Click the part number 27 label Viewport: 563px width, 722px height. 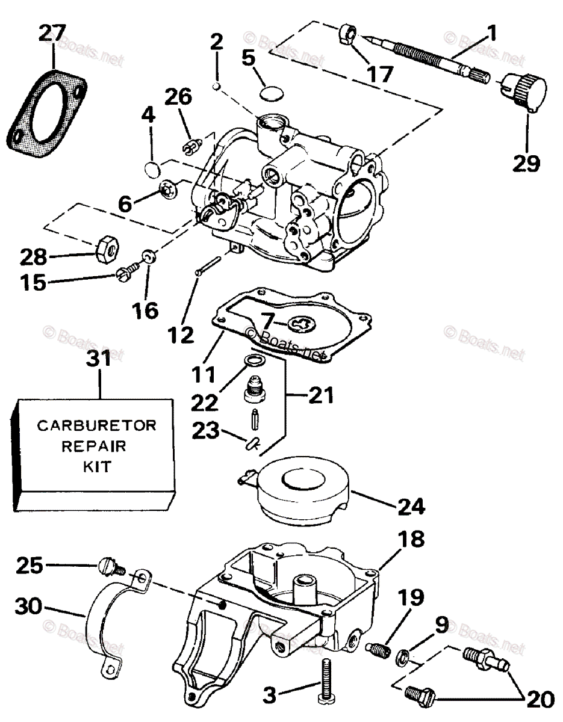[53, 34]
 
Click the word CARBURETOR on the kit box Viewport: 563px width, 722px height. [96, 426]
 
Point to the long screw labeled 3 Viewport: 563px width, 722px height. [325, 680]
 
